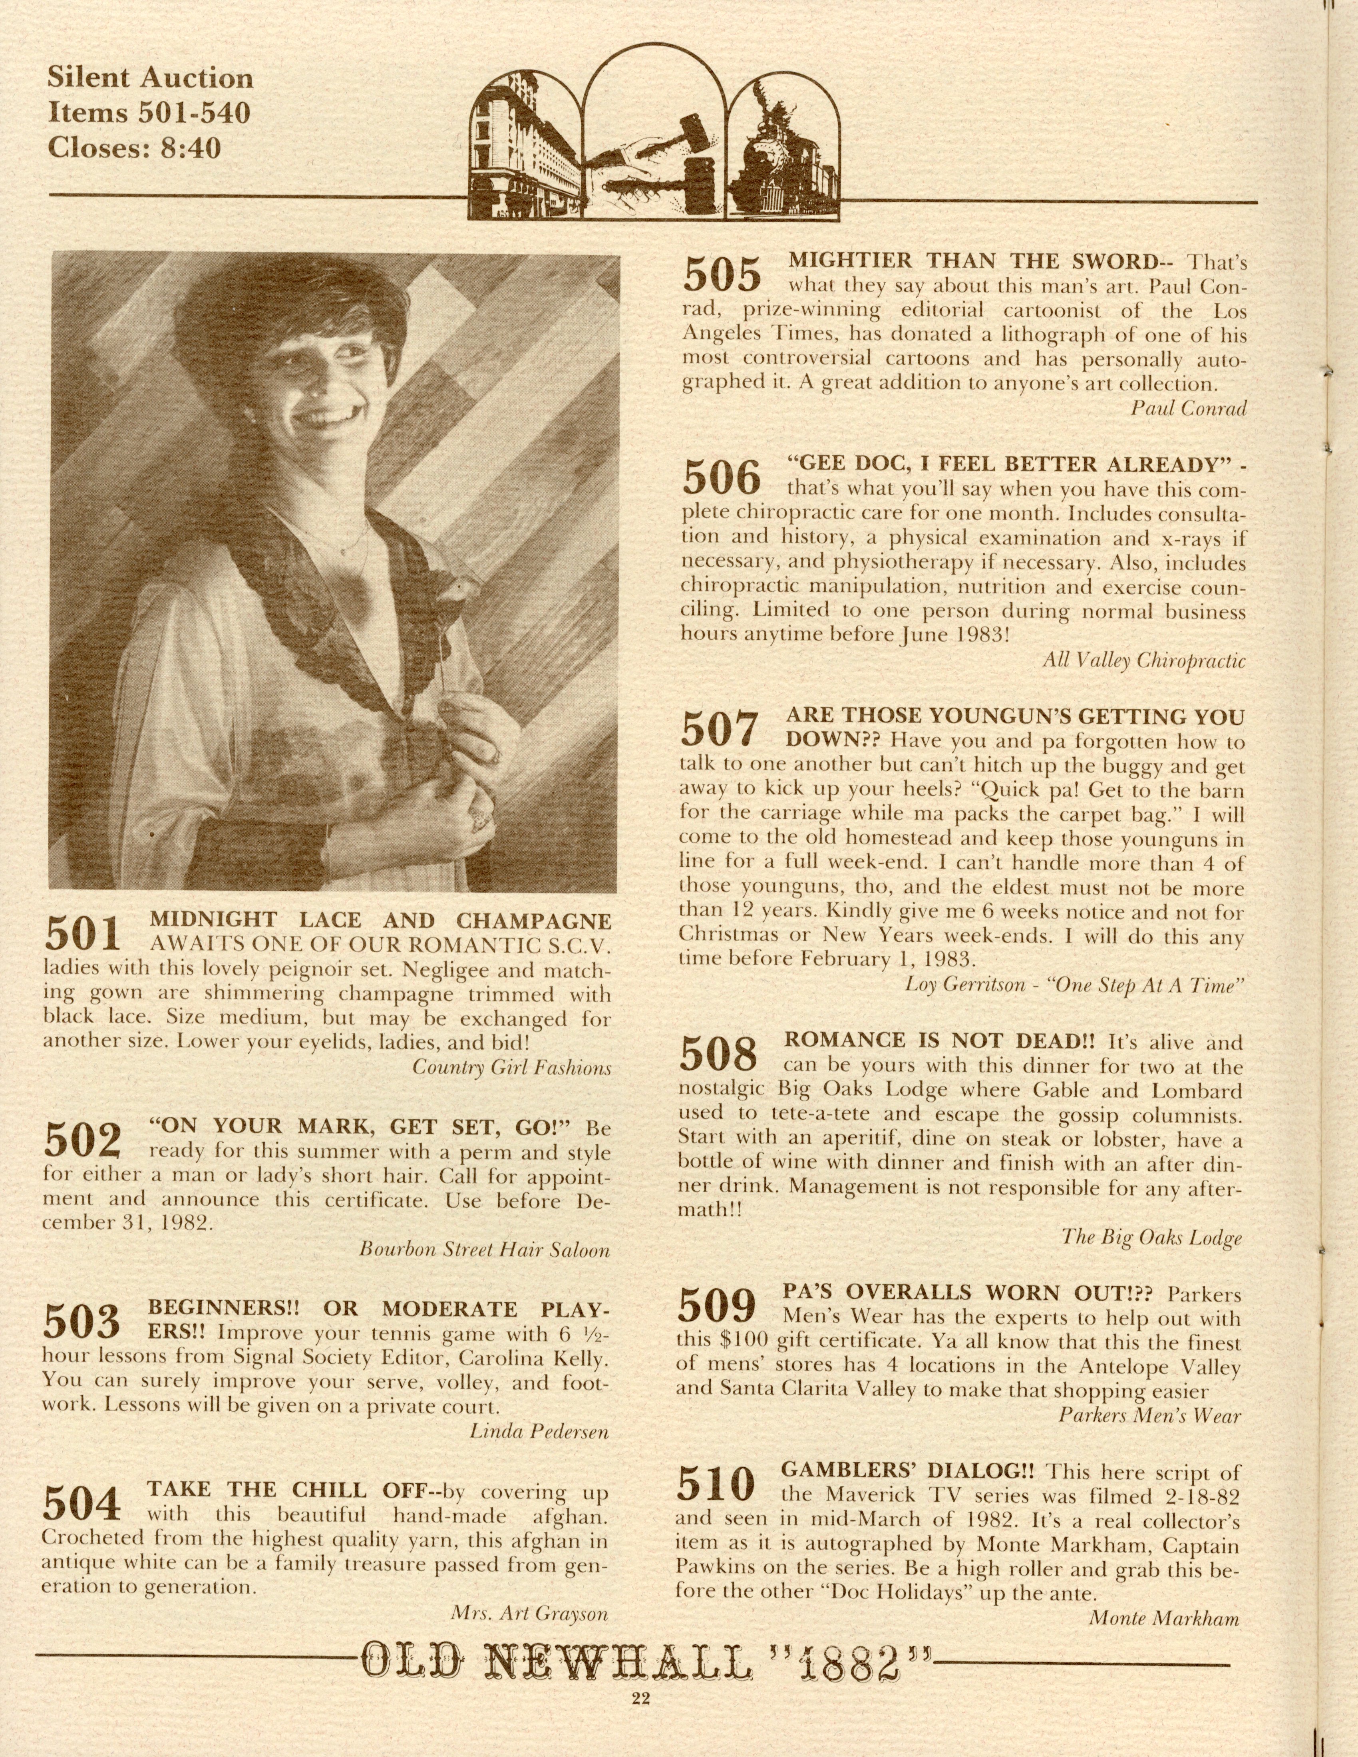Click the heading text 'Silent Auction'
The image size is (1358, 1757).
[151, 78]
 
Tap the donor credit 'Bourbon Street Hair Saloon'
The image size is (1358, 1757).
[484, 1250]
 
